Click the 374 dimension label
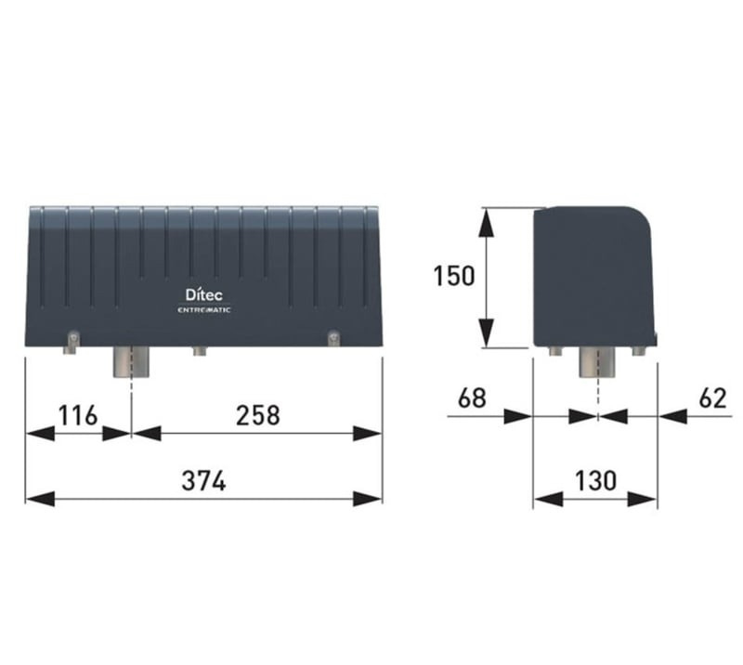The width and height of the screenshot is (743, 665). coord(203,480)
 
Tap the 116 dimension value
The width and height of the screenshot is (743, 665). coord(78,416)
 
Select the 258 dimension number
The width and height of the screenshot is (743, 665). coord(258,415)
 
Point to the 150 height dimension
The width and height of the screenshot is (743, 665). coord(454,276)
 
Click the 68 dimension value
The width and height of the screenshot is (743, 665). coord(472,398)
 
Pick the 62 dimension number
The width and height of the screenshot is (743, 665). coord(712,398)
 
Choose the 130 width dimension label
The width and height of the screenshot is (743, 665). coord(595,480)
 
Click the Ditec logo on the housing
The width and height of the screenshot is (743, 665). coord(203,294)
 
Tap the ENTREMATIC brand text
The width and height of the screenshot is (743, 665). coord(203,310)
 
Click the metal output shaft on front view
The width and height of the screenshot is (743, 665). coord(131,361)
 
